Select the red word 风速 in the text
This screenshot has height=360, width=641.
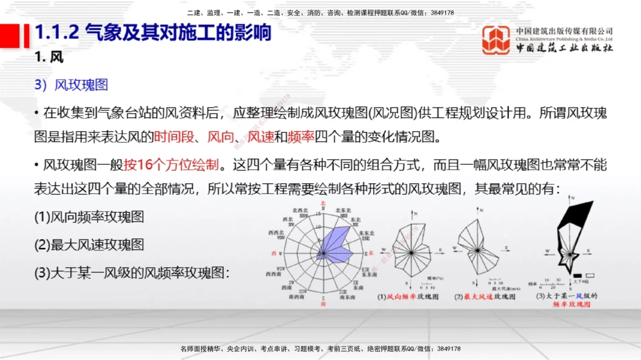click(x=261, y=136)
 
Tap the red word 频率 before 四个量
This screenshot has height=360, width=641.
click(x=301, y=136)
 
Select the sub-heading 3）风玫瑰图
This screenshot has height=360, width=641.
click(x=71, y=85)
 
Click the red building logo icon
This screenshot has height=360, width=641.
click(x=496, y=40)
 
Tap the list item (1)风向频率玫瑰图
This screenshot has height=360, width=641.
click(x=89, y=217)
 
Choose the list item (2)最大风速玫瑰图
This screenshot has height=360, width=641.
click(x=89, y=244)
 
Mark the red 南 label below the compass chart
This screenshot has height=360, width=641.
click(x=323, y=304)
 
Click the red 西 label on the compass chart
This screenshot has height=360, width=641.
click(x=275, y=254)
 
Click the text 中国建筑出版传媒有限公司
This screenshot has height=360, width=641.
click(x=564, y=31)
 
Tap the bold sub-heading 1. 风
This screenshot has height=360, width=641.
click(x=49, y=58)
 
